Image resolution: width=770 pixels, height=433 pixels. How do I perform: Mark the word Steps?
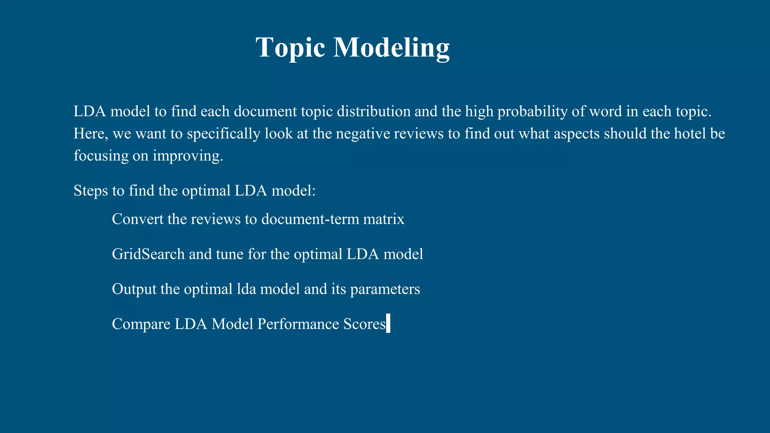coord(91,191)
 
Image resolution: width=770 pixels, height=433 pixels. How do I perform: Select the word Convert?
coord(138,219)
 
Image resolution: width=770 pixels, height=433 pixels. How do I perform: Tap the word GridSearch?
coord(148,254)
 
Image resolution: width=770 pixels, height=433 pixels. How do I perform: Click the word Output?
coord(134,289)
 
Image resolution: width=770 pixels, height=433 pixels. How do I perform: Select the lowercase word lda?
coord(246,289)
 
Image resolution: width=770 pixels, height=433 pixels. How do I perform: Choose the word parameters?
coord(385,289)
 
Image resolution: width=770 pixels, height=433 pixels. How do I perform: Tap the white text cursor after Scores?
coord(388,324)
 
